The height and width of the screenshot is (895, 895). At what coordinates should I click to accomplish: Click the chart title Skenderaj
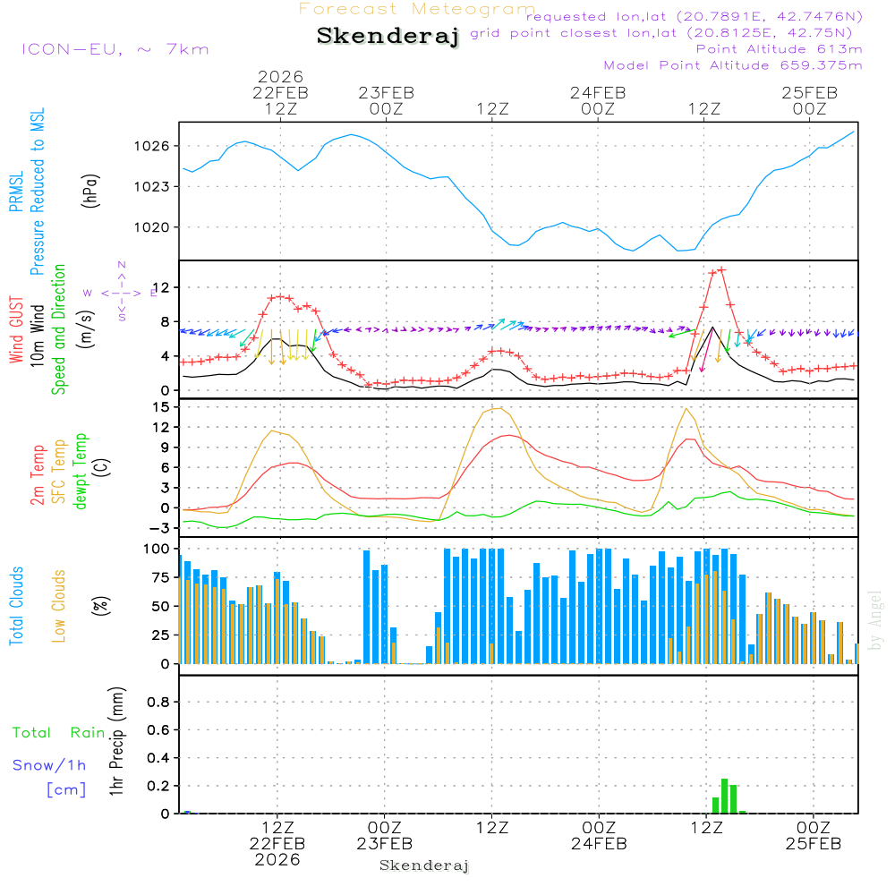pos(388,37)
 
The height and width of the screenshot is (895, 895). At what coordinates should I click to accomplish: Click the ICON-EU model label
pos(115,49)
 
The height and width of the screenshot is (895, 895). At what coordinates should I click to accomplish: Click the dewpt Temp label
pos(81,472)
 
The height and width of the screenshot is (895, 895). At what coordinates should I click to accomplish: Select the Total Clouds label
pos(16,606)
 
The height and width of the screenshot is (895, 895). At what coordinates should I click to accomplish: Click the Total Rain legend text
pos(59,733)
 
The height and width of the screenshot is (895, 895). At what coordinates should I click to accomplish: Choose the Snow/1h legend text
pos(50,765)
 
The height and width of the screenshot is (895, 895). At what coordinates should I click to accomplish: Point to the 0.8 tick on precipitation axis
pos(158,703)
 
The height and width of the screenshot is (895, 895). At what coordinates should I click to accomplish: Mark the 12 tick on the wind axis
pos(161,287)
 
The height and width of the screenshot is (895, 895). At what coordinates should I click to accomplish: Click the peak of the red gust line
pos(721,268)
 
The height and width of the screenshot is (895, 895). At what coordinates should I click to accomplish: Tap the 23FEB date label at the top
pos(386,92)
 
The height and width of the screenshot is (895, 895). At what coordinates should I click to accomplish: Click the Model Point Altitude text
pos(733,65)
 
